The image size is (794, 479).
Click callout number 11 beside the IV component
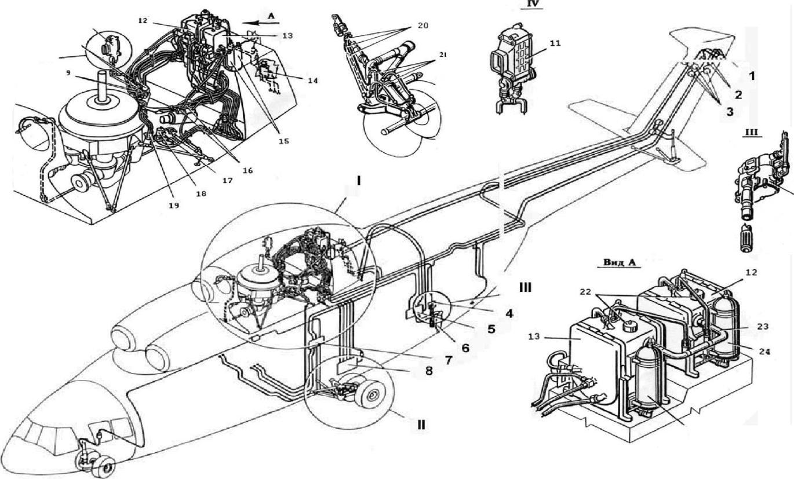pyautogui.click(x=555, y=43)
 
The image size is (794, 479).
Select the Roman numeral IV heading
pyautogui.click(x=531, y=4)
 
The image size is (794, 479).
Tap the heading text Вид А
pyautogui.click(x=619, y=262)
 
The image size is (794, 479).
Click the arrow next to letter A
pyautogui.click(x=261, y=23)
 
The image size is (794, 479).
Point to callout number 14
pyautogui.click(x=312, y=81)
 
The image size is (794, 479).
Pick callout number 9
pyautogui.click(x=68, y=72)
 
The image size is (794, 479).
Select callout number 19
pyautogui.click(x=174, y=205)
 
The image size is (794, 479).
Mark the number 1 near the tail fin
pyautogui.click(x=752, y=76)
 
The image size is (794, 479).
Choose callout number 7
pyautogui.click(x=448, y=360)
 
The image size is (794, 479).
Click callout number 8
pyautogui.click(x=428, y=371)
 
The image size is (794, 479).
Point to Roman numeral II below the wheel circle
pyautogui.click(x=421, y=425)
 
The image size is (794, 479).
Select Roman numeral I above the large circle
pyautogui.click(x=359, y=181)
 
